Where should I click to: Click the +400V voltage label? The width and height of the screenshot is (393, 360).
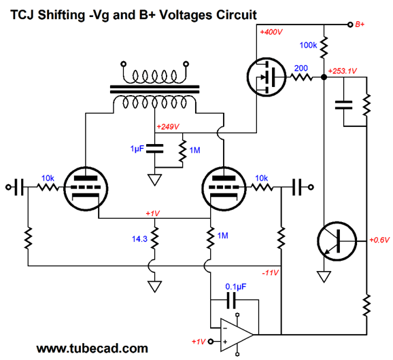(x=271, y=32)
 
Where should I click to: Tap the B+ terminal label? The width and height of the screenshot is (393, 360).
(x=360, y=24)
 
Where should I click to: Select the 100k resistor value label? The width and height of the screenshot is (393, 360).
(x=308, y=46)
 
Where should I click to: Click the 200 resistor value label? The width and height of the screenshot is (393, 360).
(x=301, y=68)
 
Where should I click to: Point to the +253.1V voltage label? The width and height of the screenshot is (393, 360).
(x=343, y=71)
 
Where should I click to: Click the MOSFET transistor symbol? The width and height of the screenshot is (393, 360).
(x=266, y=77)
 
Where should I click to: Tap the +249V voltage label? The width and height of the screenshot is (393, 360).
(x=168, y=126)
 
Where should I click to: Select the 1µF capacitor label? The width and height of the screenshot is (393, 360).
(x=137, y=149)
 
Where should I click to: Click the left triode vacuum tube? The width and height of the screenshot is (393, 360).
(x=86, y=189)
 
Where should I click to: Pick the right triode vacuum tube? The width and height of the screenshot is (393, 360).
(x=224, y=189)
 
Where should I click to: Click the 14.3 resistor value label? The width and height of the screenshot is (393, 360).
(x=139, y=239)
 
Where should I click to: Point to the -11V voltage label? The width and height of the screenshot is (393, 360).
(x=270, y=272)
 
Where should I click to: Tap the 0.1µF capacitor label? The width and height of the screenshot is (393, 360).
(x=236, y=287)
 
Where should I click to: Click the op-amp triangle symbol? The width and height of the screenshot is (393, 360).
(x=237, y=334)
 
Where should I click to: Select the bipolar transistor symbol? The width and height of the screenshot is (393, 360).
(x=337, y=241)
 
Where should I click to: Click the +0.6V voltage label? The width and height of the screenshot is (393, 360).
(x=379, y=240)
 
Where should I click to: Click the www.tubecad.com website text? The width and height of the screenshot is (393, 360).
(x=92, y=348)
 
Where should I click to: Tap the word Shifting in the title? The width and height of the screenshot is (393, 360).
(x=61, y=15)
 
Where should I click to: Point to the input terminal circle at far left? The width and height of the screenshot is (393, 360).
(x=8, y=187)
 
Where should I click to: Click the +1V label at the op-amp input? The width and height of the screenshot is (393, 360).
(x=199, y=342)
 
